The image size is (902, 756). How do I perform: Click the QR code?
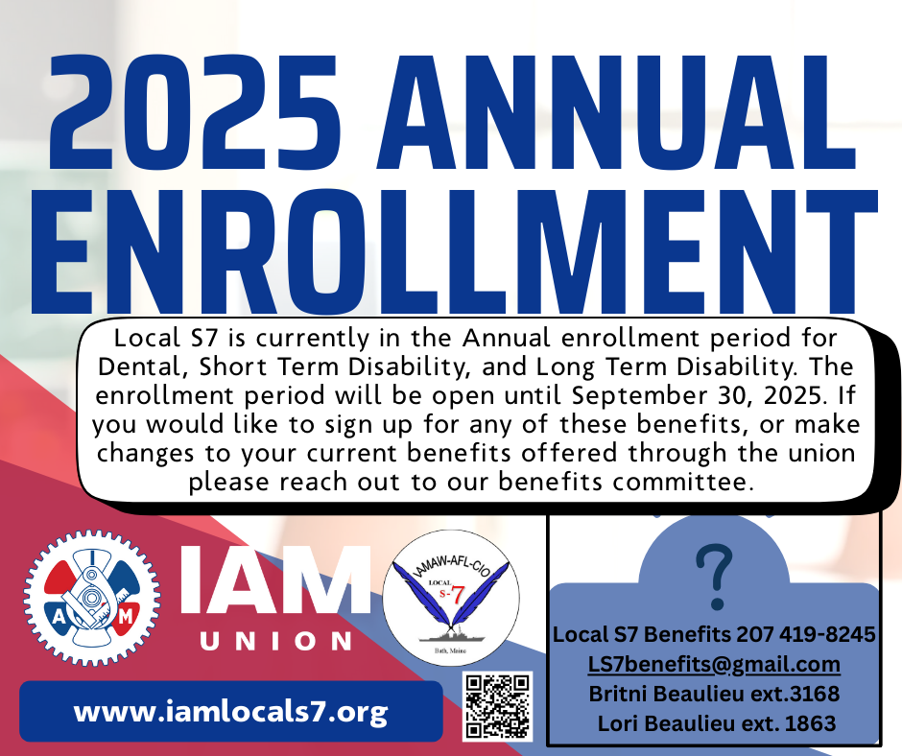tap(498, 706)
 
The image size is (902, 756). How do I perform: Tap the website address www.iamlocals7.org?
tap(230, 712)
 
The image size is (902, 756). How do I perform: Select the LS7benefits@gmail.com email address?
tap(714, 664)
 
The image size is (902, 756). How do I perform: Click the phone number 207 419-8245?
tap(806, 634)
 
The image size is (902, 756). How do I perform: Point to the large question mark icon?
tap(714, 577)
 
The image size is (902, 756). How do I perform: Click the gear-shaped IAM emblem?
tap(92, 599)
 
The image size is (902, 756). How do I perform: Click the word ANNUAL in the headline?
tap(615, 113)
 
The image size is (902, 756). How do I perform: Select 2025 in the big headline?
tap(195, 113)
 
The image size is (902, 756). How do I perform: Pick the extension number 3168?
tap(815, 694)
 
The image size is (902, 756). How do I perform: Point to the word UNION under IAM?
tap(276, 641)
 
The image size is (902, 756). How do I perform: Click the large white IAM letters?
tap(276, 579)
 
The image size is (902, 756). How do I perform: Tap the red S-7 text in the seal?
tap(452, 595)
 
